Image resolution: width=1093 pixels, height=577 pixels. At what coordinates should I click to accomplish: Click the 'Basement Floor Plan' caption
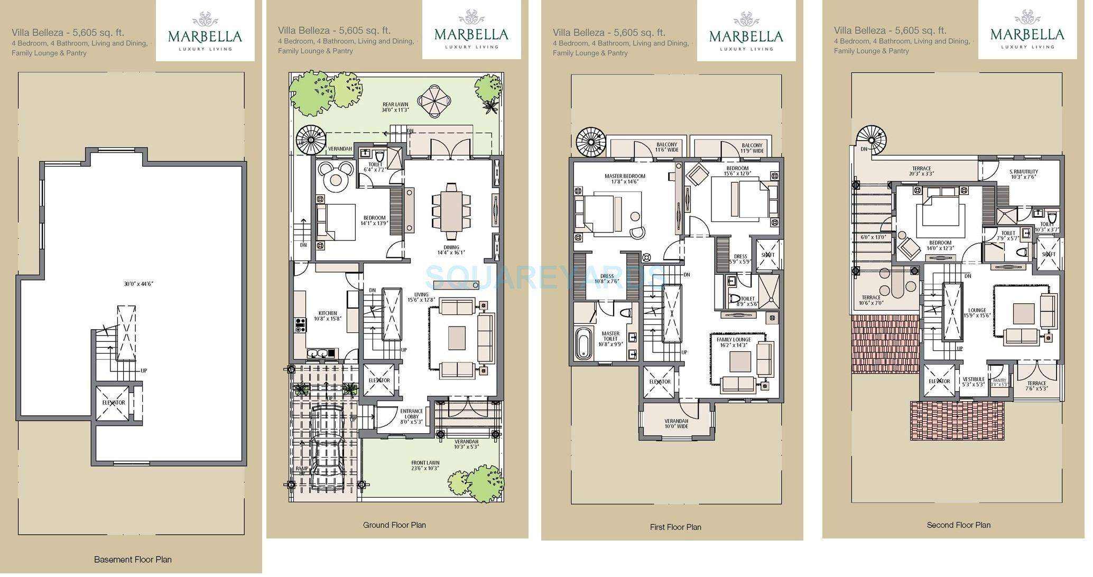point(133,559)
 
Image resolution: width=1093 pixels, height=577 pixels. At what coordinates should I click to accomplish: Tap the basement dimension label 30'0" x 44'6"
point(138,284)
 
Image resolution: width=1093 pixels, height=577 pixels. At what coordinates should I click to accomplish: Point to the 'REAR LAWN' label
point(395,105)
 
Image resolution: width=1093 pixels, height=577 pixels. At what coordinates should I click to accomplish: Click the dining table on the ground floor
point(451,210)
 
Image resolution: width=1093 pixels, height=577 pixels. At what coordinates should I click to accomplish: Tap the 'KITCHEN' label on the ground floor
point(328,313)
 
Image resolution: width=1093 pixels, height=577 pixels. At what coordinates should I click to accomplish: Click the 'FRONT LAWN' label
point(425,463)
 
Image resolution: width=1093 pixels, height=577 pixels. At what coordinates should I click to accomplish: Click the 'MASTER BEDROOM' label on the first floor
point(625,176)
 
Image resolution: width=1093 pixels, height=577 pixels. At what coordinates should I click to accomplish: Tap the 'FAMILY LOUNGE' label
point(734,340)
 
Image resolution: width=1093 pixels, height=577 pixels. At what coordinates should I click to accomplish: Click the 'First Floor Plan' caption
point(675,527)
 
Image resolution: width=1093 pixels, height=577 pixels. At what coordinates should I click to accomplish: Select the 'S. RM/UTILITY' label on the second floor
point(1024,172)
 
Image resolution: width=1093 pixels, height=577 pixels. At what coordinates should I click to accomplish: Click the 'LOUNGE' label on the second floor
point(977,311)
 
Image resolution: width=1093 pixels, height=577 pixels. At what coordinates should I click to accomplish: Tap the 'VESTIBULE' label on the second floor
point(973,379)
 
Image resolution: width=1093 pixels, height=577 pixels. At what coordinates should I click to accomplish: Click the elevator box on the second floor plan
point(939,381)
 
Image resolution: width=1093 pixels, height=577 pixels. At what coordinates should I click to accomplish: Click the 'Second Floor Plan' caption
point(958,525)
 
